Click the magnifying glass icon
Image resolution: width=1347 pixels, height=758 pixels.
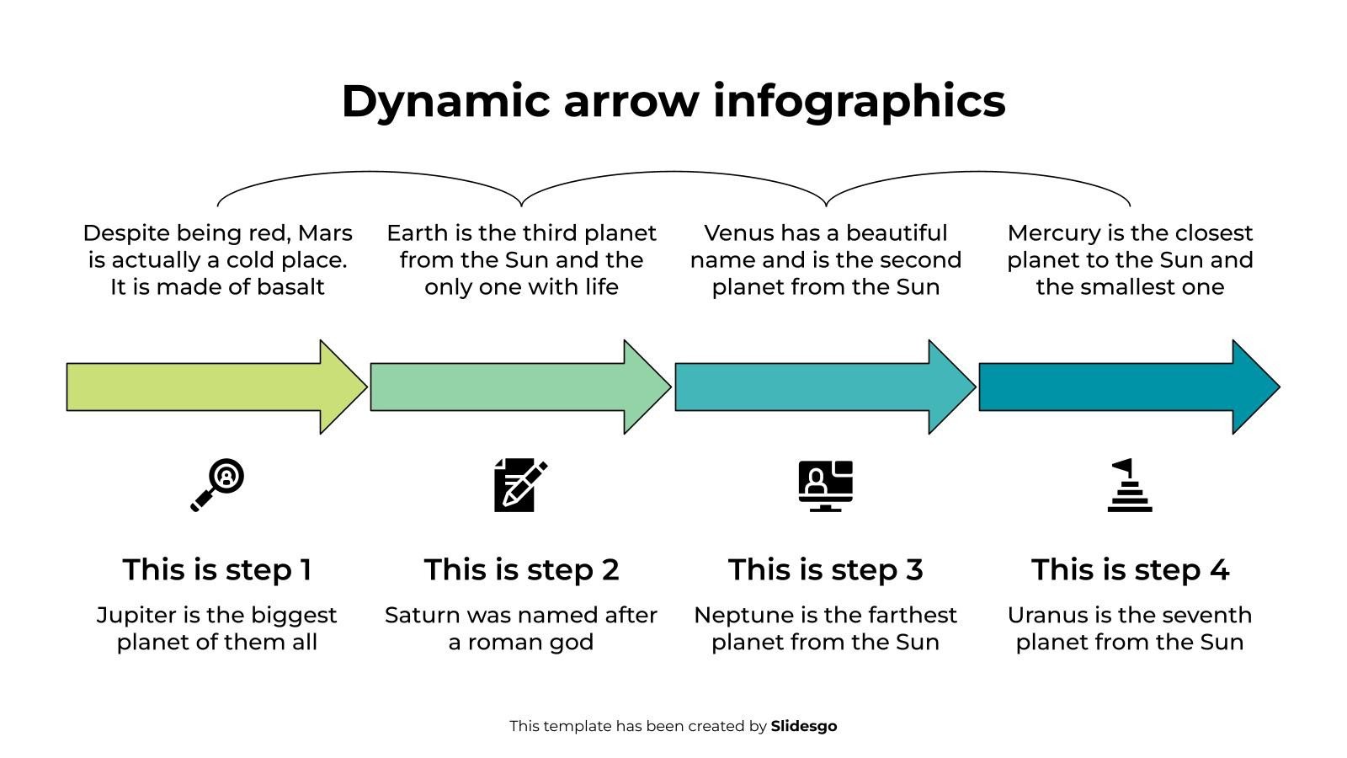(217, 485)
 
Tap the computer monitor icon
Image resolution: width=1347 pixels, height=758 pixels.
(826, 486)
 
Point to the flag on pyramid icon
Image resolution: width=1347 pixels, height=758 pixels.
(1130, 485)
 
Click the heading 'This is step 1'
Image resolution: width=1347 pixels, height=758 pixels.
(217, 569)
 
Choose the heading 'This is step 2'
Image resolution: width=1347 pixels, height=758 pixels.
(521, 569)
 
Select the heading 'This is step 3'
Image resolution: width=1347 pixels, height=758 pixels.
(826, 569)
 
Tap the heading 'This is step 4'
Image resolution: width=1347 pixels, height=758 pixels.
(1131, 569)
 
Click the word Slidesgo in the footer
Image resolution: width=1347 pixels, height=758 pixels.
(804, 726)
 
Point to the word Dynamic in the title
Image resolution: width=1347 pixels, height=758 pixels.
(445, 102)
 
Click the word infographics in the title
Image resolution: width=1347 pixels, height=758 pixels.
(860, 102)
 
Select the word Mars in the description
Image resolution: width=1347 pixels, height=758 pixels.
(325, 232)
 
